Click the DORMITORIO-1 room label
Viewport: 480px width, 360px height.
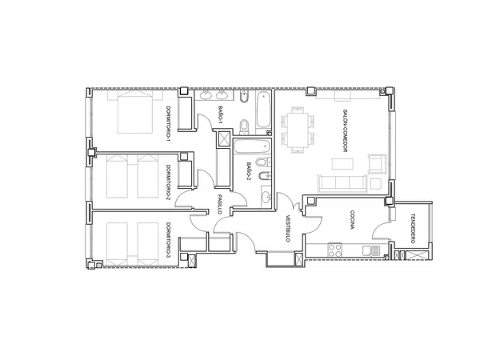click(x=168, y=124)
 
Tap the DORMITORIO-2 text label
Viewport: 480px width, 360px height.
click(x=168, y=182)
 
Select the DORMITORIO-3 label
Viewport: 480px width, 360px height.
click(x=168, y=240)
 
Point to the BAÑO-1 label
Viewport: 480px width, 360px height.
click(x=220, y=114)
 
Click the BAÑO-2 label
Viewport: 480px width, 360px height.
click(x=249, y=170)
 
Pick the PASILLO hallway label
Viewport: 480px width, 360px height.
click(x=220, y=204)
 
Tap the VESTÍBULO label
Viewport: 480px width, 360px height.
click(x=288, y=227)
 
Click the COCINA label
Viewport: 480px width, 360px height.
click(x=352, y=219)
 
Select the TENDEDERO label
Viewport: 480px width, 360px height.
click(x=413, y=228)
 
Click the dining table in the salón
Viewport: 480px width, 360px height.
click(x=298, y=130)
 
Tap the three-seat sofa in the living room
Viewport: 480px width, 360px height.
click(x=342, y=184)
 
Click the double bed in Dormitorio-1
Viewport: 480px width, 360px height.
click(x=135, y=112)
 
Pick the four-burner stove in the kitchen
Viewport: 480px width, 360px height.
click(x=334, y=250)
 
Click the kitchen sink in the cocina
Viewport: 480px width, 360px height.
click(x=371, y=250)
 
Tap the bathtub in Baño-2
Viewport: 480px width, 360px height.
click(x=252, y=146)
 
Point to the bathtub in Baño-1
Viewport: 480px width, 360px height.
click(x=263, y=110)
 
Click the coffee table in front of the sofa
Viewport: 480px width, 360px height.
click(x=342, y=163)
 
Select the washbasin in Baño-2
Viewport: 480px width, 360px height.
click(x=266, y=197)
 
